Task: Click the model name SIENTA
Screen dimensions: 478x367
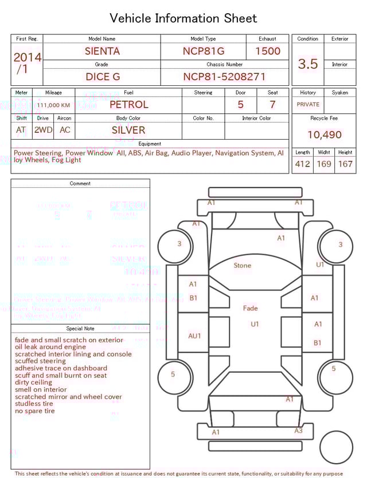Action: pyautogui.click(x=102, y=51)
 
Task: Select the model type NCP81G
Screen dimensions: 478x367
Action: pyautogui.click(x=204, y=51)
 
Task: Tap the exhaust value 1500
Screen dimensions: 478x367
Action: pyautogui.click(x=268, y=51)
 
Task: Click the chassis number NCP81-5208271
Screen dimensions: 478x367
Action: pyautogui.click(x=224, y=77)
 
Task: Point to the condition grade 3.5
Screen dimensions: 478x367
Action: pyautogui.click(x=308, y=64)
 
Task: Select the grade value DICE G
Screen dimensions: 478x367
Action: pyautogui.click(x=103, y=77)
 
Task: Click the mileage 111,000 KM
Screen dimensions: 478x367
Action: pyautogui.click(x=53, y=105)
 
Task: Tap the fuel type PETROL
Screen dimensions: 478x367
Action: pyautogui.click(x=128, y=105)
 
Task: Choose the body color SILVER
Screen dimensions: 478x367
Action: pyautogui.click(x=128, y=130)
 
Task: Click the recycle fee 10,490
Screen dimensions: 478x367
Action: pyautogui.click(x=324, y=135)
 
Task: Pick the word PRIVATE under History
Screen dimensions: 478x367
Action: pyautogui.click(x=308, y=105)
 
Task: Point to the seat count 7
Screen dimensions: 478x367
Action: pyautogui.click(x=272, y=105)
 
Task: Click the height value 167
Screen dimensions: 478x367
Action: pyautogui.click(x=345, y=164)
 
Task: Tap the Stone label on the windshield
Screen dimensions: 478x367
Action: pyautogui.click(x=243, y=266)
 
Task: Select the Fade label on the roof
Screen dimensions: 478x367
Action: pyautogui.click(x=251, y=309)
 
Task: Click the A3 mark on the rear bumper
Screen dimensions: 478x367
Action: pyautogui.click(x=298, y=430)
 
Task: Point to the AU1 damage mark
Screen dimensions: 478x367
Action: pyautogui.click(x=195, y=336)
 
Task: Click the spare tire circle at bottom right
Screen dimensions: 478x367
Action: pyautogui.click(x=337, y=448)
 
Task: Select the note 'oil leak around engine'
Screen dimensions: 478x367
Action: pyautogui.click(x=50, y=347)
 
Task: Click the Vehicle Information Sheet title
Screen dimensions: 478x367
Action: pyautogui.click(x=183, y=18)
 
